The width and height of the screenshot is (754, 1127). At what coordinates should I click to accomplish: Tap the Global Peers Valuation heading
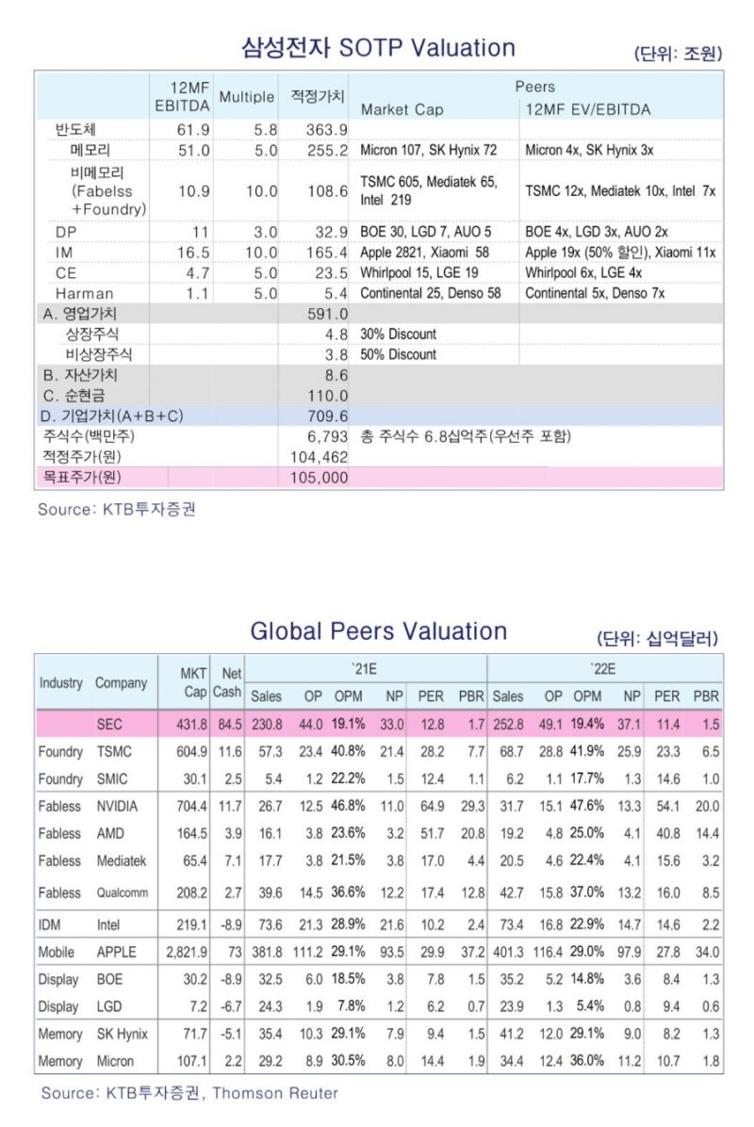(x=378, y=630)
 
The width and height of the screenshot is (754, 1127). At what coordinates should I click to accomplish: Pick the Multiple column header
(x=246, y=97)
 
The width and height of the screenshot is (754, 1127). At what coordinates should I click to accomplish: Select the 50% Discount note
(x=399, y=354)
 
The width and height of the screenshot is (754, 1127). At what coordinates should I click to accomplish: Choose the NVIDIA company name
(x=117, y=807)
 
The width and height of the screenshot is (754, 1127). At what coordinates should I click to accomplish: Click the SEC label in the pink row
(x=109, y=724)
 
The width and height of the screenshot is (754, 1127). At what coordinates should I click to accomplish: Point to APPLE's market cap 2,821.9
(x=186, y=953)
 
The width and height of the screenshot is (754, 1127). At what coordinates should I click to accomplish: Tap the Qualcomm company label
(x=122, y=892)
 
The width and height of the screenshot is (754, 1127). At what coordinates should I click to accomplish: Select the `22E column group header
(x=604, y=668)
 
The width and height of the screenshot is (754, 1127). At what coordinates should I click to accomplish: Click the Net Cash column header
(x=226, y=682)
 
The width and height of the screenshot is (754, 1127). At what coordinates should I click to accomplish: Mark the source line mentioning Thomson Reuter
(x=188, y=1093)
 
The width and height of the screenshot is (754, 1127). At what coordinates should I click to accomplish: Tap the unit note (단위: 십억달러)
(x=659, y=638)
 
